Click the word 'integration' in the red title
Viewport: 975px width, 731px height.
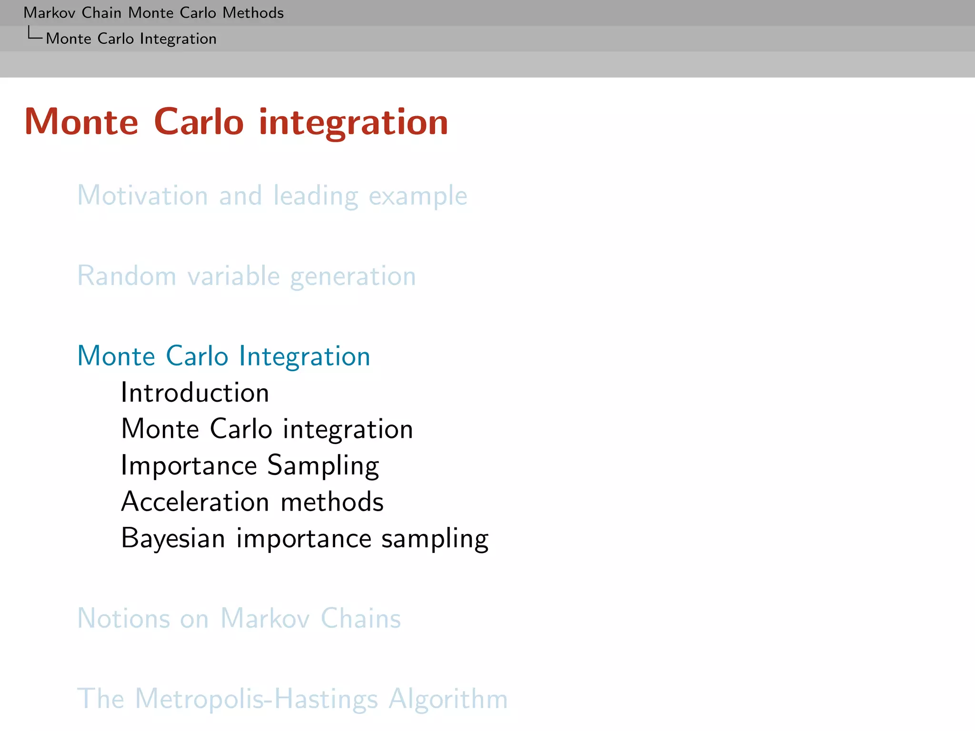pyautogui.click(x=353, y=123)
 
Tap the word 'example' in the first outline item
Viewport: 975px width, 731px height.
pyautogui.click(x=418, y=197)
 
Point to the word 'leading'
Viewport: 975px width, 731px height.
pyautogui.click(x=315, y=197)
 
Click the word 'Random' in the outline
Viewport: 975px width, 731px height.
pyautogui.click(x=127, y=276)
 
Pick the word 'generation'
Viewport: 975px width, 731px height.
pyautogui.click(x=353, y=277)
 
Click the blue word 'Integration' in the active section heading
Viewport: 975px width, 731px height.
pyautogui.click(x=304, y=356)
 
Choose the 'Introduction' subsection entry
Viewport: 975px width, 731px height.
pyautogui.click(x=195, y=393)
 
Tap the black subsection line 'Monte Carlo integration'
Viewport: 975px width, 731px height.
pyautogui.click(x=267, y=429)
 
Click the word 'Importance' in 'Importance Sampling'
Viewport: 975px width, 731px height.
pyautogui.click(x=189, y=465)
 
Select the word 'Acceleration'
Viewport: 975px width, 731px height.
pyautogui.click(x=196, y=502)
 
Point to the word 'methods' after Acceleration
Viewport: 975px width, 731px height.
pyautogui.click(x=332, y=502)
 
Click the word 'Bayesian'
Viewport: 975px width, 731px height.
pyautogui.click(x=173, y=539)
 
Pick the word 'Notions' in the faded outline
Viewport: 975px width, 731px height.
pyautogui.click(x=123, y=619)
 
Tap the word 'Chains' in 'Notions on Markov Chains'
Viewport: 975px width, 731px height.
pyautogui.click(x=360, y=619)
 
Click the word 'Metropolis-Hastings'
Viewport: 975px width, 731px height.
pyautogui.click(x=257, y=699)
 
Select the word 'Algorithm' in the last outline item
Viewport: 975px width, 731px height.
pyautogui.click(x=448, y=699)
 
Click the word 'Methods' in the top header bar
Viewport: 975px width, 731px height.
pyautogui.click(x=253, y=13)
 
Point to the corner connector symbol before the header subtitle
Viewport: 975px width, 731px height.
pyautogui.click(x=34, y=34)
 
